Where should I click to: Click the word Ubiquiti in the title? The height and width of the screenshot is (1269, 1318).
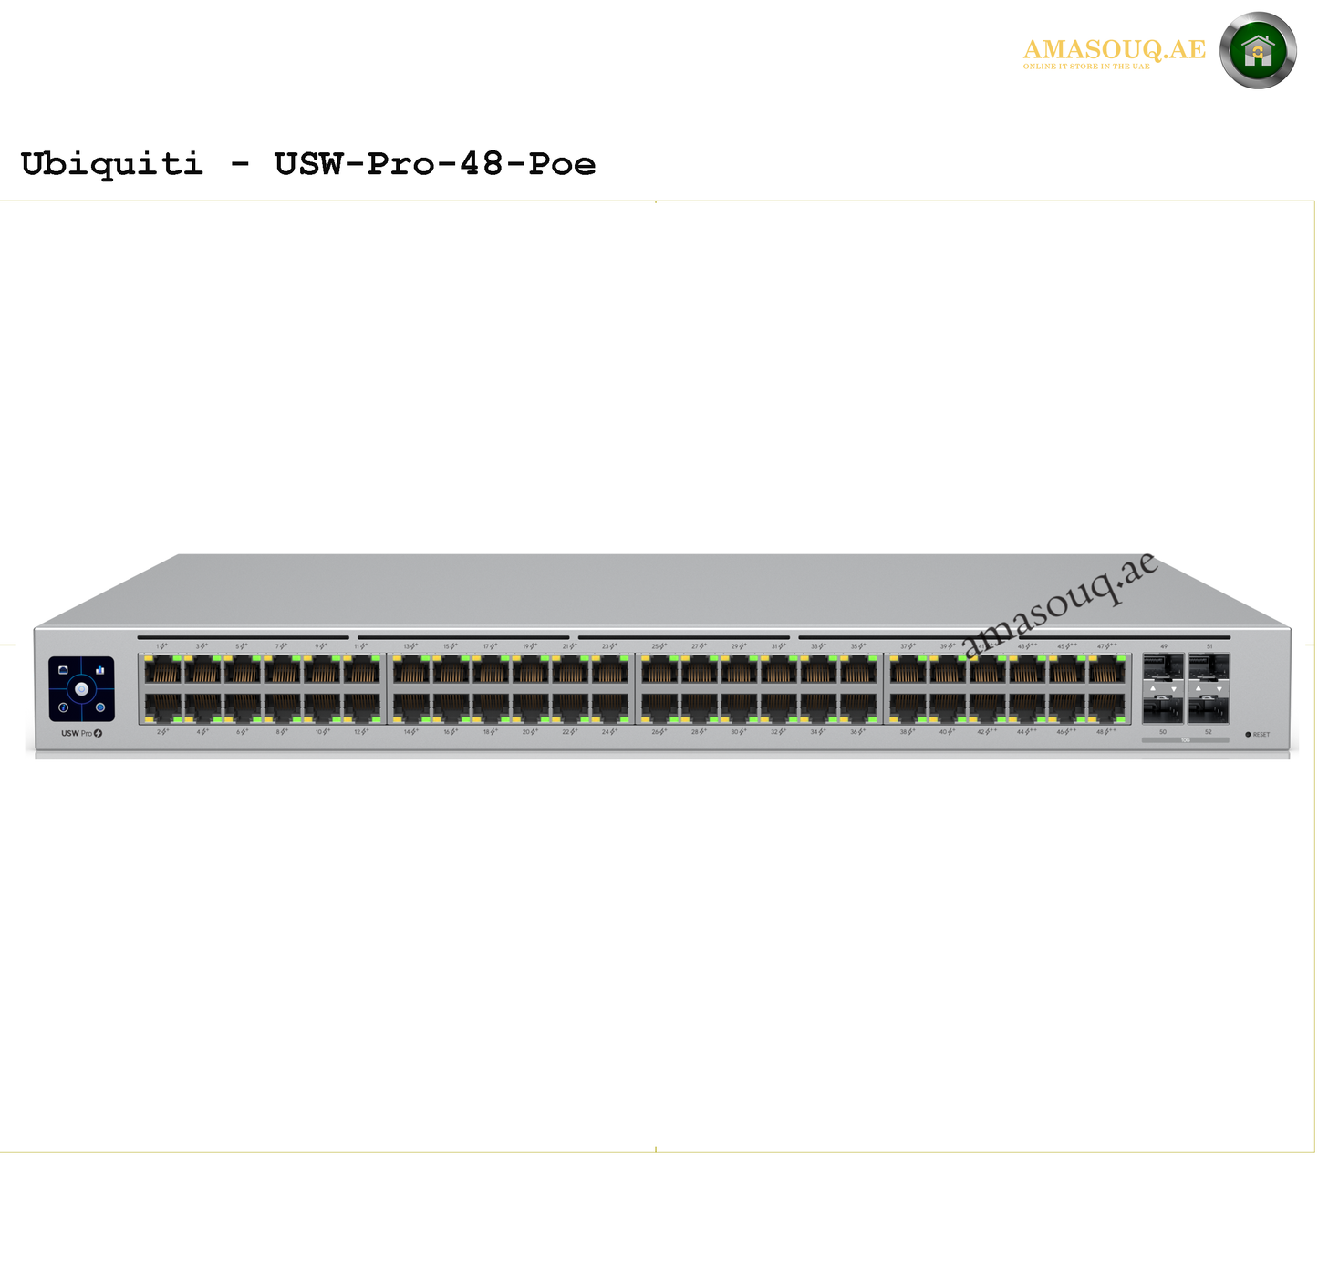[111, 164]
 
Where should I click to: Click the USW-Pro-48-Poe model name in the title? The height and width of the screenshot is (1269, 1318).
[434, 164]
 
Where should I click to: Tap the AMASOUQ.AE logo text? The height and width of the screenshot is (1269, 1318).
[1114, 50]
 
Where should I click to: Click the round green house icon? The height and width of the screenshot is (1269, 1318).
[1258, 51]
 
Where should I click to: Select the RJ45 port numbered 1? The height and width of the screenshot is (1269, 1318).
[163, 671]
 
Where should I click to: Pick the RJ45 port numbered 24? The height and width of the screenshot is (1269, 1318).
[610, 707]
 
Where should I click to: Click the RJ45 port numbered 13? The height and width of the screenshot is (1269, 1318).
[411, 671]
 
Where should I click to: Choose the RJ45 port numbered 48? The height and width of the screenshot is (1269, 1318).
[1106, 707]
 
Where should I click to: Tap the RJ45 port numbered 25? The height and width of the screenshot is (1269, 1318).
[659, 671]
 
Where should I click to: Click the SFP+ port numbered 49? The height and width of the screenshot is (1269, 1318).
[1163, 667]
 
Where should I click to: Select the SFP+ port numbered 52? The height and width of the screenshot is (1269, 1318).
[1209, 708]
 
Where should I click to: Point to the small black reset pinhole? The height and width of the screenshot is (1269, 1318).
[1248, 734]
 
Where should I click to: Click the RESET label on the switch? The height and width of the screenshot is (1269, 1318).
[1261, 735]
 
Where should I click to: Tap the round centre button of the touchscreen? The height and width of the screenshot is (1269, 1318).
[81, 689]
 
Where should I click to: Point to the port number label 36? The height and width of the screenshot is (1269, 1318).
[856, 732]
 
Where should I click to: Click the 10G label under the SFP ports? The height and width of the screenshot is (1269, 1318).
[1185, 740]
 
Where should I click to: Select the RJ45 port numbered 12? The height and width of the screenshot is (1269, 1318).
[362, 707]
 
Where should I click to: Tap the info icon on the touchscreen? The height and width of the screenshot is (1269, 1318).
[64, 707]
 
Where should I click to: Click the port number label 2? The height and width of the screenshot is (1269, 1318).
[161, 732]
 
